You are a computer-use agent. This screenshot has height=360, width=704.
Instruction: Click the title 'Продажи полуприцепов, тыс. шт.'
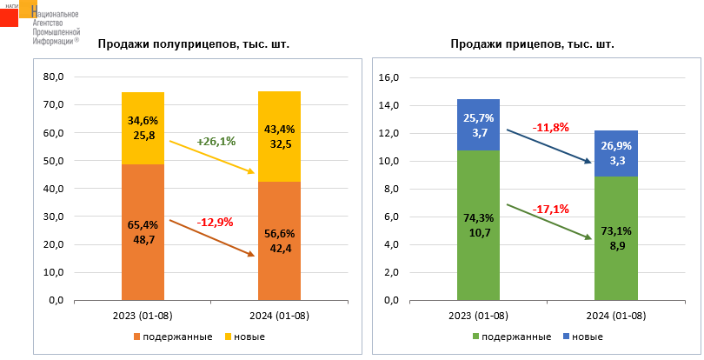click(193, 44)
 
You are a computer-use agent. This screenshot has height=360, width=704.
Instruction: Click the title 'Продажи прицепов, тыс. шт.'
click(532, 44)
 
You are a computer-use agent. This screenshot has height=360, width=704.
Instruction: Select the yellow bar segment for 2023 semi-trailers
click(143, 128)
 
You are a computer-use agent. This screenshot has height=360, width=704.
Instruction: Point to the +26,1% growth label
click(216, 142)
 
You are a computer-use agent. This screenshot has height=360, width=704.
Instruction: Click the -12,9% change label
click(216, 223)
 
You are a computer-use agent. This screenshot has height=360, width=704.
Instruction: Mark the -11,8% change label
click(550, 127)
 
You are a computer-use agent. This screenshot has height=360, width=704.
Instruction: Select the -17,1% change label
click(550, 209)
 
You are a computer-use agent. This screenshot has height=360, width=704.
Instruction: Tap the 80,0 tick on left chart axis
click(53, 77)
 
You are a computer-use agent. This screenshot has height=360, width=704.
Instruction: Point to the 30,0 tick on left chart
click(53, 217)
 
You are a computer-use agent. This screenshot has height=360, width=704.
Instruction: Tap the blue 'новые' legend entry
click(581, 337)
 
